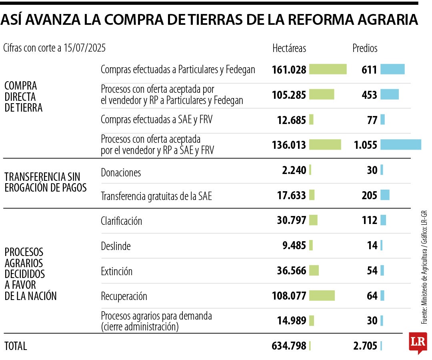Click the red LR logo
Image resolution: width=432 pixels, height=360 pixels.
pos(418,343)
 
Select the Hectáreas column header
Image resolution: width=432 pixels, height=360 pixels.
pos(289,48)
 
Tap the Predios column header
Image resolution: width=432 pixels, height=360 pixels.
pos(364,48)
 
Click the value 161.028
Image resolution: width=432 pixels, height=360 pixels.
pos(289,70)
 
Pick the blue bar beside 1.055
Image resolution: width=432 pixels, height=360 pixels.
pos(400,145)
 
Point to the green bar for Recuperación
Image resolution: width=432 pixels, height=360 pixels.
pos(322,296)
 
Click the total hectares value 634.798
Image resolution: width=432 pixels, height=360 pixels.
pos(289,346)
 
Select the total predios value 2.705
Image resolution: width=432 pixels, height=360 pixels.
pos(365,346)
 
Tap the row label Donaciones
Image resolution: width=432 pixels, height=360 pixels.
pos(121,173)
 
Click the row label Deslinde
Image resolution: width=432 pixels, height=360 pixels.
pos(116,246)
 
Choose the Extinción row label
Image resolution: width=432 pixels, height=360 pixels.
pos(116,272)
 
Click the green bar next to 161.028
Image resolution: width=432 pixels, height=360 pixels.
pos(328,69)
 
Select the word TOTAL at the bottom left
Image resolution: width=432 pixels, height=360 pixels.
pos(16,346)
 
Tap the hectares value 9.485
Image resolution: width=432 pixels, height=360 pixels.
pos(294,246)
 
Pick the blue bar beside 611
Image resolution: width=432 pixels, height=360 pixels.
pos(392,70)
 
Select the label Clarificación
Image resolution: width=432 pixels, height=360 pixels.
pos(121,221)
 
